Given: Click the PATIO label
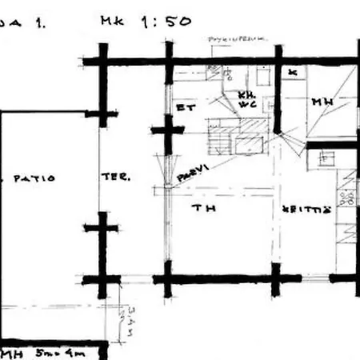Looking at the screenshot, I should tap(34, 178).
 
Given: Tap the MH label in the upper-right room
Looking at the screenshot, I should tap(324, 102).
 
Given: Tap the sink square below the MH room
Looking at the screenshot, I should tap(326, 158).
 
